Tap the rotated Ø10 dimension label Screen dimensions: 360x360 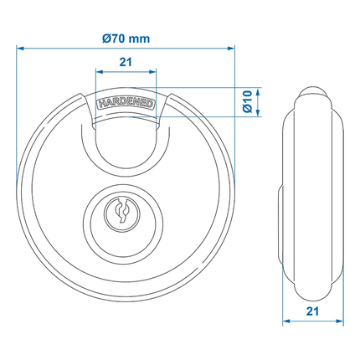[248, 101]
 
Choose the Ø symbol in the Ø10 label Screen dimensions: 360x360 [248, 111]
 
